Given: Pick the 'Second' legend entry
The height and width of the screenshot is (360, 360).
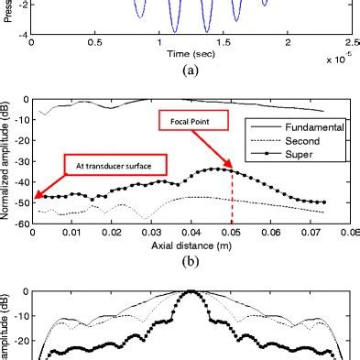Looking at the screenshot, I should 308,142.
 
